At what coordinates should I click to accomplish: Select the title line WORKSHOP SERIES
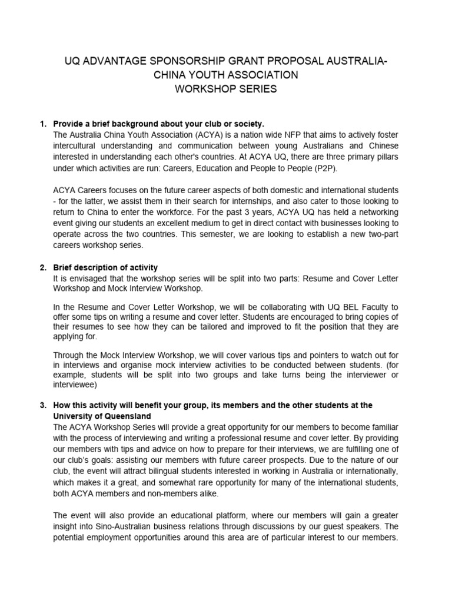[226, 89]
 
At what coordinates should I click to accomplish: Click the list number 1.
[42, 124]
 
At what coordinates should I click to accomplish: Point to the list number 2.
[42, 268]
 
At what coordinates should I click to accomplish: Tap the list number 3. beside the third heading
[42, 406]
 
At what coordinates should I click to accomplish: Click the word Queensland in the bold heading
[129, 416]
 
